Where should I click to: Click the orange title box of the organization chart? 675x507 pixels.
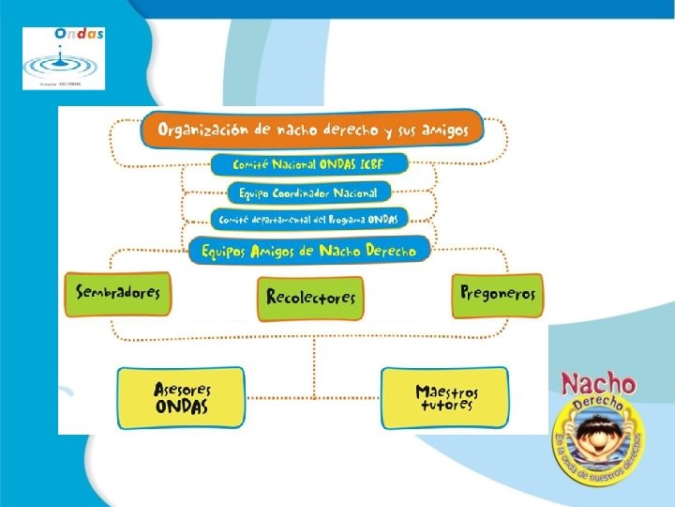point(311,130)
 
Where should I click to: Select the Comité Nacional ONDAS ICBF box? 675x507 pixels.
point(309,164)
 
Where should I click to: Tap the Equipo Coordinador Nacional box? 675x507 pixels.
point(308,192)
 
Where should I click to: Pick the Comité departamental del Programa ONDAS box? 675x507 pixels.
point(308,220)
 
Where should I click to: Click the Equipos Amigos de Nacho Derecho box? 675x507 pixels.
point(308,251)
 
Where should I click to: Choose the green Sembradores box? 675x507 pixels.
point(118,292)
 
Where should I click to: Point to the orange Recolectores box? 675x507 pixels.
point(310,298)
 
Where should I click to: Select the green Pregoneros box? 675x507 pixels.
point(498,293)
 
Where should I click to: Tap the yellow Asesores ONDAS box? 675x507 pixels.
point(181,398)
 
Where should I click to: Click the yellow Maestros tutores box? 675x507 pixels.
point(445,398)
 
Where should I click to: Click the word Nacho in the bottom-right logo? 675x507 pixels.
point(597,383)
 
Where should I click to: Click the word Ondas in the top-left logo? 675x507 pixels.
point(79,33)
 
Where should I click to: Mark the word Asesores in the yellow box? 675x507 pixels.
point(182,390)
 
